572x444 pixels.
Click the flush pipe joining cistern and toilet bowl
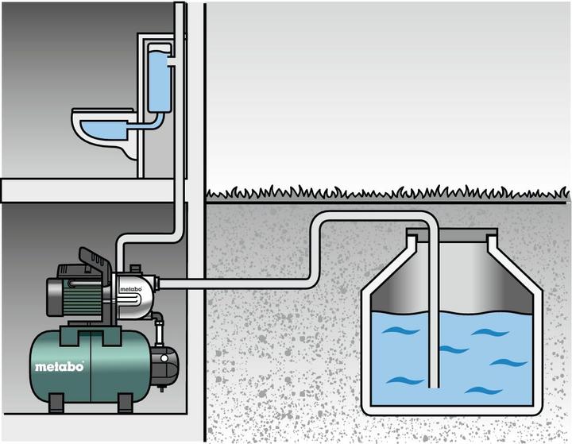tap(148, 124)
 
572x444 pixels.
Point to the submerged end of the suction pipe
tap(431, 381)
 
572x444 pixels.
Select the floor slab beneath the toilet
tap(87, 189)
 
